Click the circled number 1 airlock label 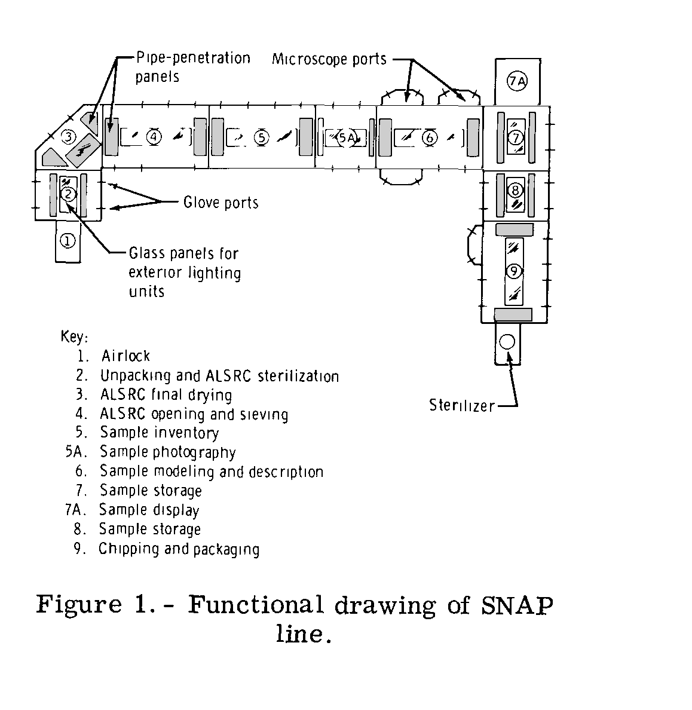pos(68,241)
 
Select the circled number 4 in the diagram pos(154,137)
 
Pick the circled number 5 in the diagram pos(261,137)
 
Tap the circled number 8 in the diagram pos(515,191)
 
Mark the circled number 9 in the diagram pos(514,271)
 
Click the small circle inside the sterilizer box pos(507,342)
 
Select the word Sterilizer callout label pos(462,406)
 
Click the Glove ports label pos(221,203)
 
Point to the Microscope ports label pos(329,59)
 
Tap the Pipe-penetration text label pos(193,59)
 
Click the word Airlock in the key pos(125,356)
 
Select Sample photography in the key pos(167,452)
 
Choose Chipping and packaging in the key pos(179,549)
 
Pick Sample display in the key pos(149,510)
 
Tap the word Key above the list pos(74,336)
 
